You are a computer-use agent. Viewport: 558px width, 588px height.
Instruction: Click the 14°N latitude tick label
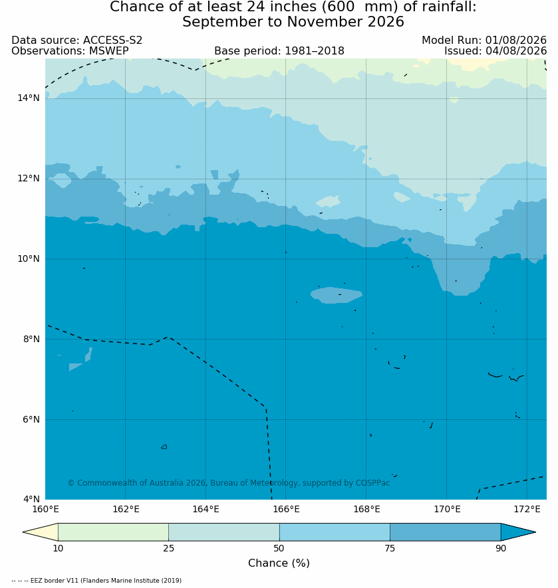click(28, 98)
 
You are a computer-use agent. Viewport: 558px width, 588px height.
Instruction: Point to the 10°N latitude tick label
click(28, 258)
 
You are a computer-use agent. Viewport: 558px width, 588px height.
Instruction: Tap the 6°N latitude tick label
click(31, 419)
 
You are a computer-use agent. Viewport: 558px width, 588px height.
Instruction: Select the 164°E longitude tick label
click(206, 509)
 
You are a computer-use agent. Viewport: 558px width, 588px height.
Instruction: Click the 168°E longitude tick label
click(366, 509)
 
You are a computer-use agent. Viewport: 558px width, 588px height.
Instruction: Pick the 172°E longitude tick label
click(527, 509)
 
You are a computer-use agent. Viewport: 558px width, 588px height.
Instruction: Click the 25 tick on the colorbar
click(169, 548)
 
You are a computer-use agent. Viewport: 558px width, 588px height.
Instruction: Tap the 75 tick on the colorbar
click(390, 548)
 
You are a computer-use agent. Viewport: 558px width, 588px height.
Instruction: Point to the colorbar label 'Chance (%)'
click(279, 563)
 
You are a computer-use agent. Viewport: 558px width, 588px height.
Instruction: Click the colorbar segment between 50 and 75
click(335, 532)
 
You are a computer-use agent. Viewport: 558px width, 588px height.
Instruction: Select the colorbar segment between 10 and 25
click(114, 532)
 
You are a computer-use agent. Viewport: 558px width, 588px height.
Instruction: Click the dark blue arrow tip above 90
click(535, 532)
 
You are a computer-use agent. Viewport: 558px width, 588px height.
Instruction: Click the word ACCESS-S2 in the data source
click(112, 40)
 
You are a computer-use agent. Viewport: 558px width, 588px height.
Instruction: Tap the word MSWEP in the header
click(109, 50)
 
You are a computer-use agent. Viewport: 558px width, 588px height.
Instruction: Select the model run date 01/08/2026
click(515, 40)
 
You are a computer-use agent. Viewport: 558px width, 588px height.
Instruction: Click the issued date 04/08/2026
click(515, 50)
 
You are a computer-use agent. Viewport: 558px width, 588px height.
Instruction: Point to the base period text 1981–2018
click(315, 50)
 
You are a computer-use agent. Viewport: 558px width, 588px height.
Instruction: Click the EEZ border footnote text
click(96, 581)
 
